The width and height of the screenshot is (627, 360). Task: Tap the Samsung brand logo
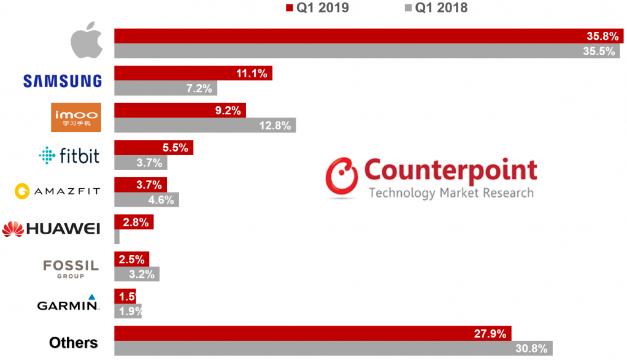pyautogui.click(x=62, y=80)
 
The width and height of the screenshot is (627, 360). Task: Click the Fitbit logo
pyautogui.click(x=68, y=155)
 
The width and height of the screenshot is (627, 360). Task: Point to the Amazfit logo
pyautogui.click(x=57, y=192)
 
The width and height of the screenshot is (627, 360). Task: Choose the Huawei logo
pyautogui.click(x=51, y=229)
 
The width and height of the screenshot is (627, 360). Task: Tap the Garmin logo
pyautogui.click(x=67, y=304)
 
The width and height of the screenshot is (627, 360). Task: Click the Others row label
pyautogui.click(x=73, y=342)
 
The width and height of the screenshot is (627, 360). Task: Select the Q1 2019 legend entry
pyautogui.click(x=317, y=8)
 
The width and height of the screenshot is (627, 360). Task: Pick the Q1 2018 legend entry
pyautogui.click(x=435, y=8)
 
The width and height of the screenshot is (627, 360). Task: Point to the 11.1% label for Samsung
pyautogui.click(x=252, y=74)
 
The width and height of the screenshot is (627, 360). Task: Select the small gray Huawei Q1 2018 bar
pyautogui.click(x=117, y=237)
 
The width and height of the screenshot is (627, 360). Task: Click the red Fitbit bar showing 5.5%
pyautogui.click(x=153, y=148)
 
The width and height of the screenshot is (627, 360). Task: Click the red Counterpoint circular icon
pyautogui.click(x=341, y=178)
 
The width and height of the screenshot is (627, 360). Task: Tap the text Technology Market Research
pyautogui.click(x=450, y=193)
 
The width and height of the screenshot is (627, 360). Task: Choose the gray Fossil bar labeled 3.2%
pyautogui.click(x=136, y=274)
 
